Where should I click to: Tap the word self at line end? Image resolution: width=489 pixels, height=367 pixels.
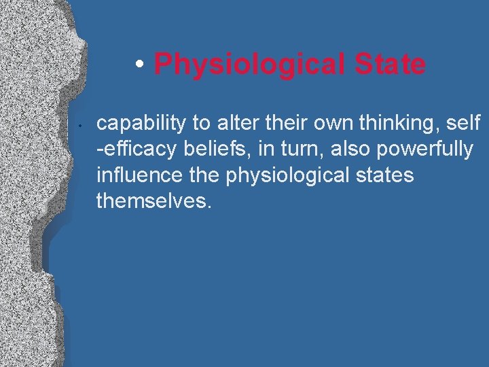465,123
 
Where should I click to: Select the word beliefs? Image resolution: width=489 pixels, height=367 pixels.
208,149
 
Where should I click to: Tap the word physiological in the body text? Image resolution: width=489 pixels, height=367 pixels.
285,175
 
